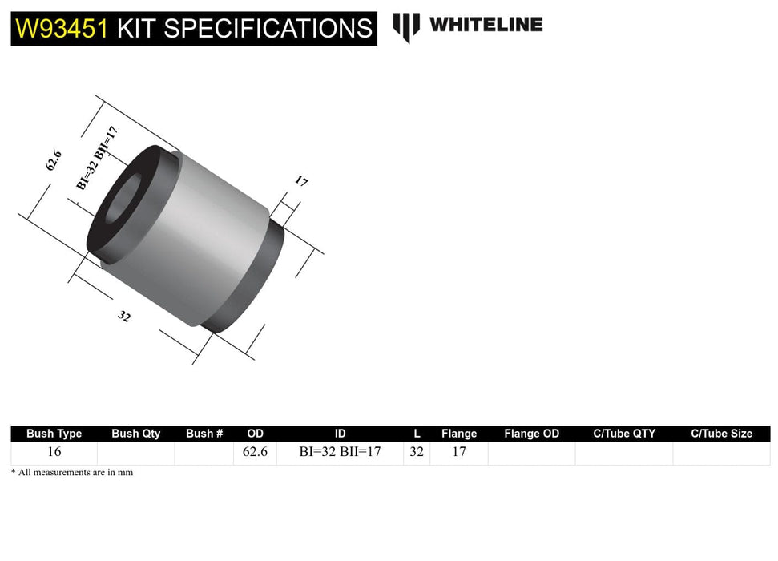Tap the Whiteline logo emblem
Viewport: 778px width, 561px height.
pyautogui.click(x=406, y=26)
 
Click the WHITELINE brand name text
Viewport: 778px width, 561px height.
pyautogui.click(x=486, y=25)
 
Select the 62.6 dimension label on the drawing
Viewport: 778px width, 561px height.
pyautogui.click(x=54, y=161)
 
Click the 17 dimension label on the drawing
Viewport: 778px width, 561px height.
pyautogui.click(x=301, y=181)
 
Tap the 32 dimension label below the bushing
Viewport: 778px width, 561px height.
pyautogui.click(x=124, y=316)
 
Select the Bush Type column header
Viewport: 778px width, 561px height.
pyautogui.click(x=54, y=434)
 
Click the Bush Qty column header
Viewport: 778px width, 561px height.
pyautogui.click(x=135, y=434)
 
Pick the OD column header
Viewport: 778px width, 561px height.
pyautogui.click(x=255, y=434)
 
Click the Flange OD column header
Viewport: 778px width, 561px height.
pyautogui.click(x=531, y=434)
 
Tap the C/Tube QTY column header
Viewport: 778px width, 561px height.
pyautogui.click(x=623, y=434)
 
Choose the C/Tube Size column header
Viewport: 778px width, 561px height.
pyautogui.click(x=721, y=434)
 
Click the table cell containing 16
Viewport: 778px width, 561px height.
pyautogui.click(x=54, y=452)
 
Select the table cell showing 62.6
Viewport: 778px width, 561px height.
pyautogui.click(x=255, y=452)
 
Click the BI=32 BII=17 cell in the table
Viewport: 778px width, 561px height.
pyautogui.click(x=340, y=452)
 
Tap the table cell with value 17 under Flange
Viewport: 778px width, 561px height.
pyautogui.click(x=458, y=452)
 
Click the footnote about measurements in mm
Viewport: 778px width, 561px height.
pyautogui.click(x=72, y=473)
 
